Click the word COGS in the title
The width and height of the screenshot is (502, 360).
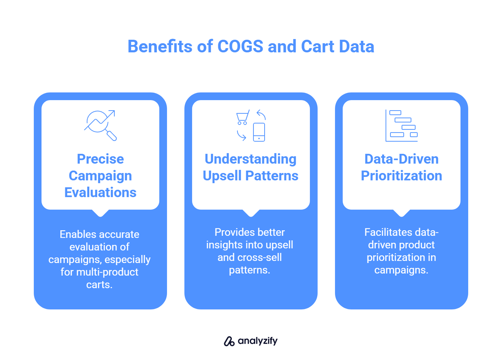click(x=240, y=46)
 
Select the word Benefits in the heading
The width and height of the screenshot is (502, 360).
click(x=160, y=46)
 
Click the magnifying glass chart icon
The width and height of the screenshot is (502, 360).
click(x=100, y=125)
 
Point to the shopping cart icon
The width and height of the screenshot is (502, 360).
click(x=243, y=117)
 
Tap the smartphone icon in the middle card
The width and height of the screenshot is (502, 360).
click(x=259, y=132)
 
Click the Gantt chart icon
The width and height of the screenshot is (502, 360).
click(x=401, y=125)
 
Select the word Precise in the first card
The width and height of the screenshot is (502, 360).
click(x=100, y=159)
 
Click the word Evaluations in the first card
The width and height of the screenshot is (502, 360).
click(x=100, y=193)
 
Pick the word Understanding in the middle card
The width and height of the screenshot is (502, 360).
click(x=251, y=159)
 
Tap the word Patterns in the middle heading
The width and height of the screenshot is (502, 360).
click(x=272, y=175)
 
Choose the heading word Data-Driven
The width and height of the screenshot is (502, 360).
click(x=401, y=159)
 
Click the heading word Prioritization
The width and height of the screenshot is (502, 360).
click(x=401, y=175)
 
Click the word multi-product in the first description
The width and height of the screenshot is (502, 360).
click(x=107, y=272)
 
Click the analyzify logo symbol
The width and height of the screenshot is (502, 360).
click(x=229, y=341)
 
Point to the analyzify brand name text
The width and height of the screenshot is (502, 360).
click(x=258, y=341)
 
